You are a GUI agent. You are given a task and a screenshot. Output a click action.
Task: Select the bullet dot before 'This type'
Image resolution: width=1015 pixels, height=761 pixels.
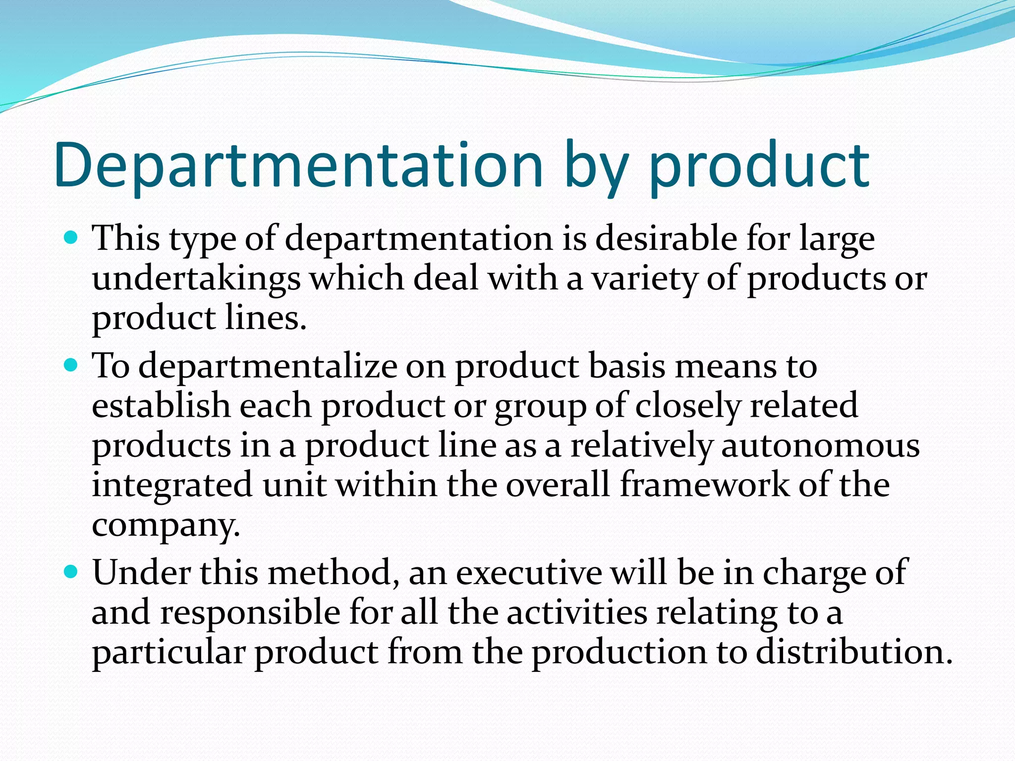71,239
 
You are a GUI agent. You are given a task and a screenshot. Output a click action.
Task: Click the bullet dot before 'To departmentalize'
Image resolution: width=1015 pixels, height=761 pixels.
71,366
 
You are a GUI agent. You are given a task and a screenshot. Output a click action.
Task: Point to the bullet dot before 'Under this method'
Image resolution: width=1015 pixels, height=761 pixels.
71,573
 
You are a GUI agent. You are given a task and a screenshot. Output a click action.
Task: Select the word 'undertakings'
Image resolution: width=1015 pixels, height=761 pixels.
196,279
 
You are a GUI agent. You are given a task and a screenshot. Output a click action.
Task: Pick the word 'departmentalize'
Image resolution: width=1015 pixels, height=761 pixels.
268,367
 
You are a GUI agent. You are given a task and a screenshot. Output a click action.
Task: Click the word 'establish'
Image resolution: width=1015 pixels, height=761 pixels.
162,406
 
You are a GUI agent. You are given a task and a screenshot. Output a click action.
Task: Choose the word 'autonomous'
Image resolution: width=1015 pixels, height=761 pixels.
820,445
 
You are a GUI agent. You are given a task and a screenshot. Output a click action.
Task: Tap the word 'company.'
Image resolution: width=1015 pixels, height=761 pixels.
166,525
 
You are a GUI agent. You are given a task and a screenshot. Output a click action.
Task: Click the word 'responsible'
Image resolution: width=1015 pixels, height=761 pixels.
250,613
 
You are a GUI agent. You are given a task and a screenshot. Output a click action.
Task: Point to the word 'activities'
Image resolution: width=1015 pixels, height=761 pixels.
577,612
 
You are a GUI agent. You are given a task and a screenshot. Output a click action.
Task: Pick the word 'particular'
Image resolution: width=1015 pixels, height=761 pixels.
169,652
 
